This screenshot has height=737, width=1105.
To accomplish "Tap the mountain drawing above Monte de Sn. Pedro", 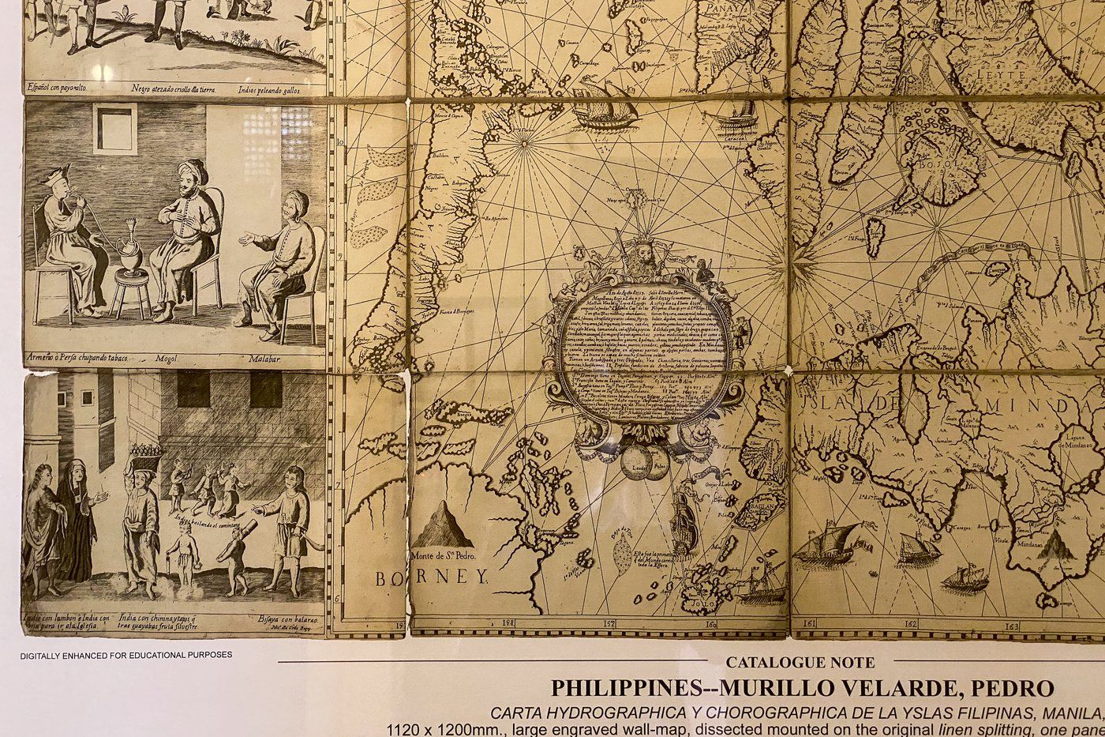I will tap(444, 525).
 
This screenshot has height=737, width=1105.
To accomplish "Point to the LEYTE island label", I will tap(1002, 75).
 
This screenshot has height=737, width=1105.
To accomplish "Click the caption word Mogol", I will tap(170, 358).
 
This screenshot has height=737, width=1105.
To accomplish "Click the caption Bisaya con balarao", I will tap(283, 619).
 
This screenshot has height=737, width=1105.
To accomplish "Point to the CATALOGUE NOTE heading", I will tap(800, 662).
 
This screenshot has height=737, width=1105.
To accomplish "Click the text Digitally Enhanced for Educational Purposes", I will tap(126, 655).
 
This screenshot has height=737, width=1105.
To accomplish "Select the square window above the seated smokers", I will tap(115, 129).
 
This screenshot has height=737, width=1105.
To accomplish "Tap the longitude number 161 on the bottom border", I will tap(808, 624).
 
